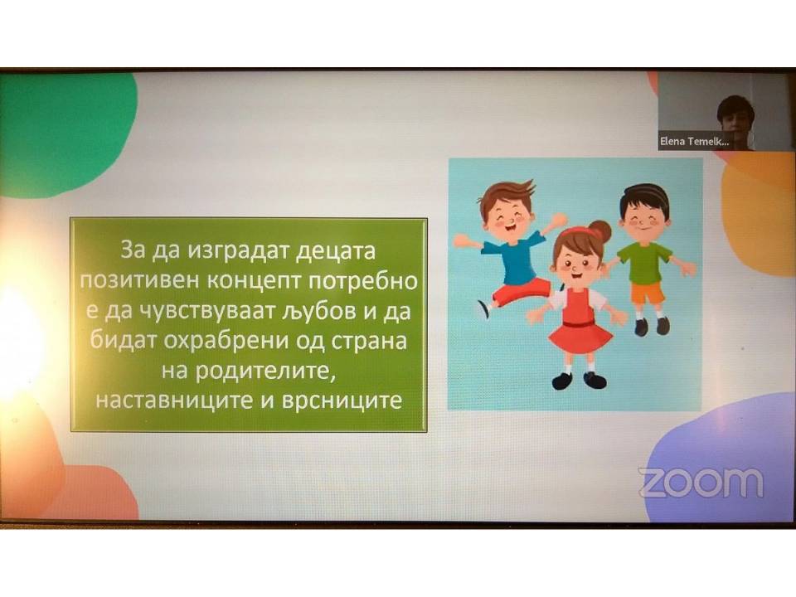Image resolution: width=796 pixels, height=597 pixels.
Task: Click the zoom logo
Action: pyautogui.click(x=701, y=483)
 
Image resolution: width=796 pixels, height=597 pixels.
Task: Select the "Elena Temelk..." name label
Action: pyautogui.click(x=695, y=142)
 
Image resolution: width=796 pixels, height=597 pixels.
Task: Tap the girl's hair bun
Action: pyautogui.click(x=600, y=231)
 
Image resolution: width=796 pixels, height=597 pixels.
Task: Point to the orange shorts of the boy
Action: pyautogui.click(x=648, y=293)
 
